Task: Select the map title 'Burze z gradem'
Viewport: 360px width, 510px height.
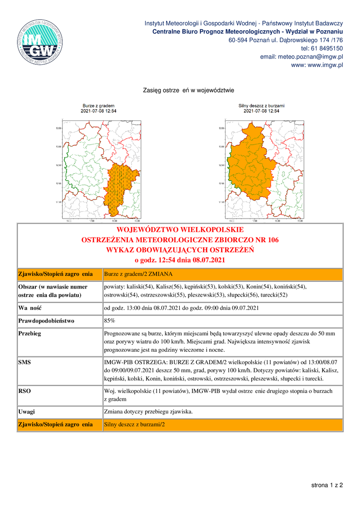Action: (99, 105)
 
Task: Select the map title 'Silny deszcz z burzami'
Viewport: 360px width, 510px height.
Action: (261, 105)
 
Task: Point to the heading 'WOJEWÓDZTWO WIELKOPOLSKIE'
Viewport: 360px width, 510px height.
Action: (180, 230)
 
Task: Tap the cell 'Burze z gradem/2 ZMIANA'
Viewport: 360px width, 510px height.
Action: (138, 274)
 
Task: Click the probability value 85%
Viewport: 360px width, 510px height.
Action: (109, 321)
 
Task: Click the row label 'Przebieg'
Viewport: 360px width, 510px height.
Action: (30, 333)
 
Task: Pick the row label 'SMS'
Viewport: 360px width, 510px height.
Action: (25, 362)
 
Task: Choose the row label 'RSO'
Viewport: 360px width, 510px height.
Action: (25, 391)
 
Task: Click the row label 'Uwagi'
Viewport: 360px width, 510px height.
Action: (26, 412)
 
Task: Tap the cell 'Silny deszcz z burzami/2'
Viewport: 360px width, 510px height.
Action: (134, 425)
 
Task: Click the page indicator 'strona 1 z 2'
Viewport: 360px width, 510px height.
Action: (327, 485)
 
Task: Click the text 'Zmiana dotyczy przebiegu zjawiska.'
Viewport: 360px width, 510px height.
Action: (148, 412)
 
